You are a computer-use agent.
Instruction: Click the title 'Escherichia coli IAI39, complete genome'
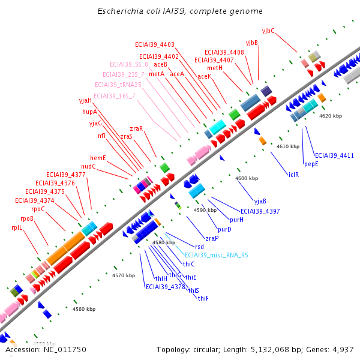click(x=179, y=11)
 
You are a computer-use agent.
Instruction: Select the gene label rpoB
click(x=27, y=218)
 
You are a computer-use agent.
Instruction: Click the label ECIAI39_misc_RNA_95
click(x=216, y=255)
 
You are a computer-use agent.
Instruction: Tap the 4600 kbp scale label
click(x=247, y=178)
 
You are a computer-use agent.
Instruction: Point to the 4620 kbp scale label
click(x=331, y=115)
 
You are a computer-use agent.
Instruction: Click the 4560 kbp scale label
click(x=84, y=309)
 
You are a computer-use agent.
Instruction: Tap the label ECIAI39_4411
click(x=334, y=155)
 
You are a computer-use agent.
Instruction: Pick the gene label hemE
click(x=98, y=158)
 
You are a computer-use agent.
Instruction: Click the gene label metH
click(x=214, y=68)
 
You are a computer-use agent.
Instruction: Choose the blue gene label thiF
click(x=203, y=298)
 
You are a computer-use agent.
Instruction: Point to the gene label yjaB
click(x=260, y=201)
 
